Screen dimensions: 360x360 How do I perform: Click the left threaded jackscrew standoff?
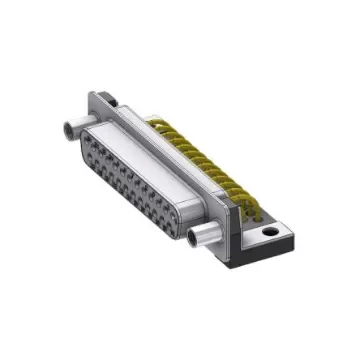coord(76,127)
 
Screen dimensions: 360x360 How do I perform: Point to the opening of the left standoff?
coord(69,128)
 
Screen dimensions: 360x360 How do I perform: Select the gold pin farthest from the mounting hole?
coord(155,124)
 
